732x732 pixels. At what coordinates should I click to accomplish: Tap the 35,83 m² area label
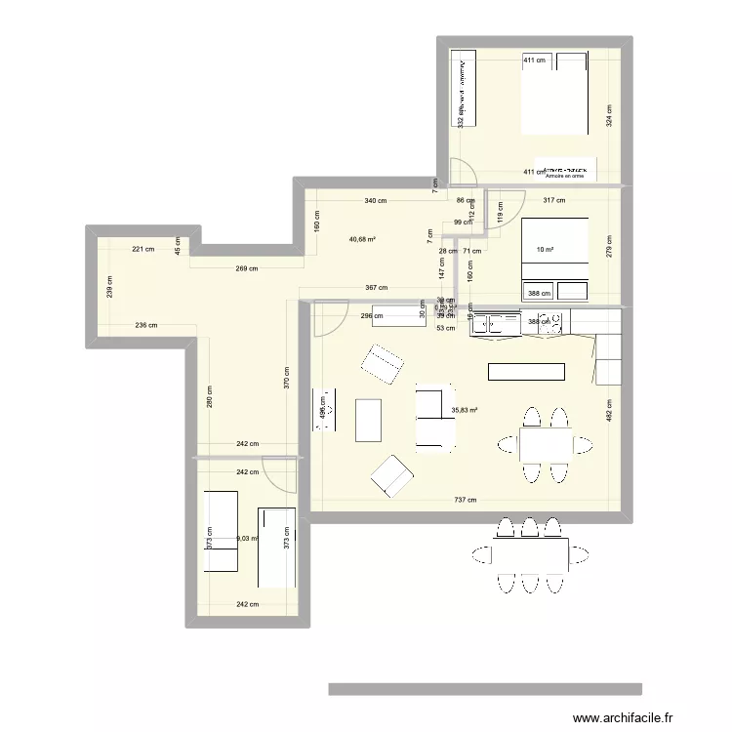pos(465,411)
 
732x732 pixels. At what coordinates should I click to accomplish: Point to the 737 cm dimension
pos(465,501)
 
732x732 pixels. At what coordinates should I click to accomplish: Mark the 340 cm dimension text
pos(375,202)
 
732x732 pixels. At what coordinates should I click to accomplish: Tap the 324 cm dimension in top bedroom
pos(609,116)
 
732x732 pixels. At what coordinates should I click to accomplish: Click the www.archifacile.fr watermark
pos(623,717)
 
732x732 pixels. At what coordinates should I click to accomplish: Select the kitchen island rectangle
pos(527,372)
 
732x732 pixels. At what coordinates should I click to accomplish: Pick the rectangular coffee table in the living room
pos(369,420)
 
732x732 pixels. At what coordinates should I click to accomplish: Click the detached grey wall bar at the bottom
pos(485,689)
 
